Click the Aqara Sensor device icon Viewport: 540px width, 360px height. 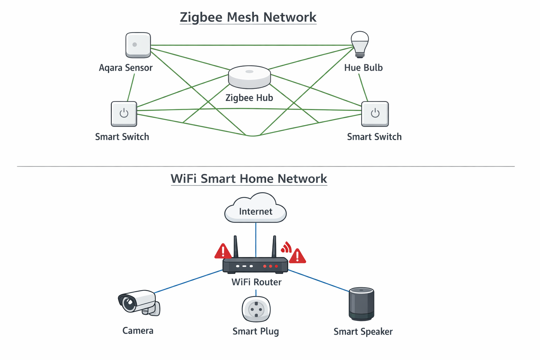138,45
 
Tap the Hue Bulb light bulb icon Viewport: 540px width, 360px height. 360,44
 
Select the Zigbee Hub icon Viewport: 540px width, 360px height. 249,77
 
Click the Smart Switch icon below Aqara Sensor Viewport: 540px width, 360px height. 124,114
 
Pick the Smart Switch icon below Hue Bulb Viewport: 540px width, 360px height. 375,114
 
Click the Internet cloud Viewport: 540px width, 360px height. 256,209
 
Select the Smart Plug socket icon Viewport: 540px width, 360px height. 256,309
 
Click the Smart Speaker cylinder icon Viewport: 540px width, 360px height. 361,304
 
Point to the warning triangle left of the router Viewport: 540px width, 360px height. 223,252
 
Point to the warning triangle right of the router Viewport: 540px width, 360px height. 297,256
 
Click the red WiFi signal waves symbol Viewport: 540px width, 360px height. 286,247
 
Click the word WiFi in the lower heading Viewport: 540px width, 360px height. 184,179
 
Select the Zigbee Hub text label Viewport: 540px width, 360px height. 249,98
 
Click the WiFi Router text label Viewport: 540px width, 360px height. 256,282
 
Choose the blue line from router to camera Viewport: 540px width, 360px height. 188,282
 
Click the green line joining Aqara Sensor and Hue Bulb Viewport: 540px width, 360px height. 250,45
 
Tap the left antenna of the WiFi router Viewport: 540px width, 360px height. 236,247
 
